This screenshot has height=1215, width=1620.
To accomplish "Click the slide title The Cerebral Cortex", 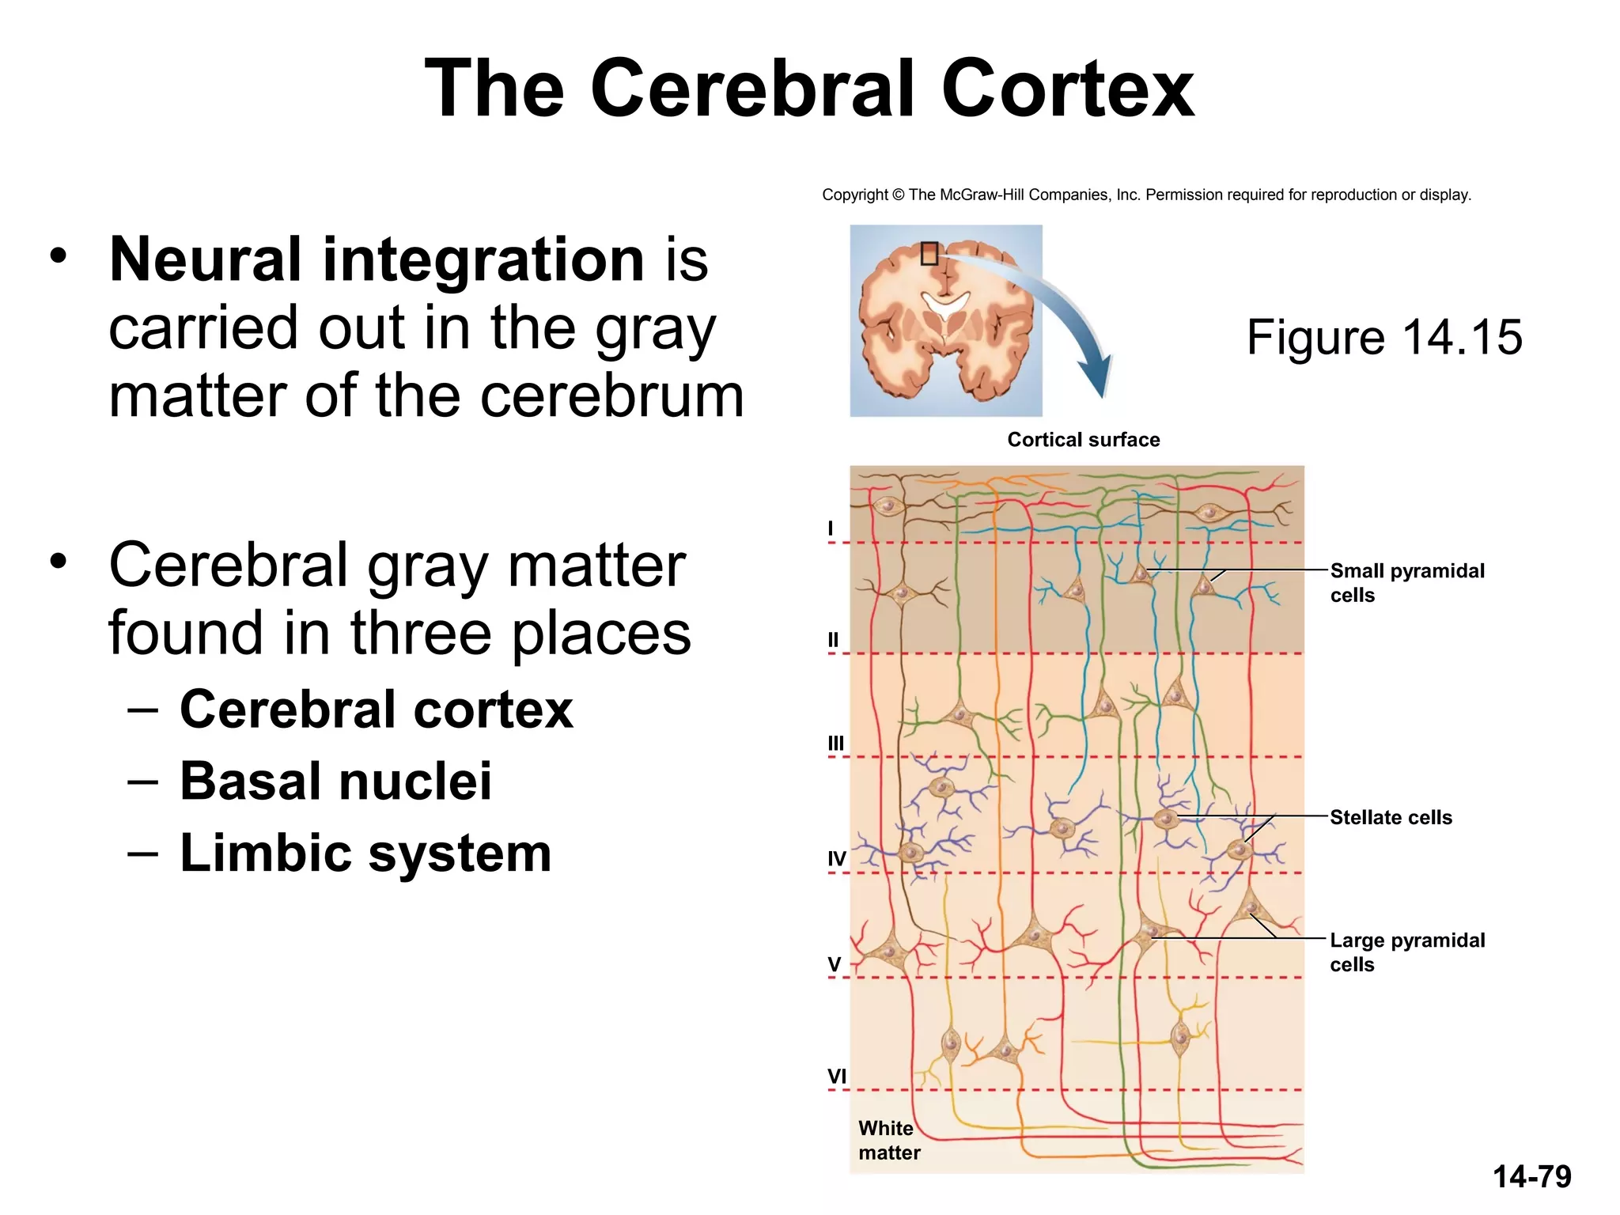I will (809, 89).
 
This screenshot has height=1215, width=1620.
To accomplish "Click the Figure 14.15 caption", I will (1383, 338).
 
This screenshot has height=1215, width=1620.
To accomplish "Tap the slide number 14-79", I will (1531, 1176).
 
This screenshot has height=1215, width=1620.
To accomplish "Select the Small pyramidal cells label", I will (1406, 582).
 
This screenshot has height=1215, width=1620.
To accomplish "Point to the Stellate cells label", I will (1391, 817).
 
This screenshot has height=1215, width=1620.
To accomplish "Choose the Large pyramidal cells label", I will (1406, 952).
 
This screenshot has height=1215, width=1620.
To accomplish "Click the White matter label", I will (888, 1140).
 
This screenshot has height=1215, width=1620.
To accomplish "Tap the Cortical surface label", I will (1083, 440).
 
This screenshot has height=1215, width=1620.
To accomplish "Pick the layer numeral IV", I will (836, 858).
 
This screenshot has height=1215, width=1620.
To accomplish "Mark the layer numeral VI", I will (836, 1076).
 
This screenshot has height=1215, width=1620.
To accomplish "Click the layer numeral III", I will (835, 743).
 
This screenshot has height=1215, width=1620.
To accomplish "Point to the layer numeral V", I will (834, 964).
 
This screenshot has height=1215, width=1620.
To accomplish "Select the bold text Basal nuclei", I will (335, 781).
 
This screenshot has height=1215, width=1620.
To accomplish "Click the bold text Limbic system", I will (365, 853).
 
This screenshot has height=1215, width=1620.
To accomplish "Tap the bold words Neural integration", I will (377, 259).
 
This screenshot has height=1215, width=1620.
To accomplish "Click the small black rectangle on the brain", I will (929, 253).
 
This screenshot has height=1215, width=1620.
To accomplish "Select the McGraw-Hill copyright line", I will (1146, 195).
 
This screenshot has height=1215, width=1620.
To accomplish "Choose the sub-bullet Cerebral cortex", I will (376, 709).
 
